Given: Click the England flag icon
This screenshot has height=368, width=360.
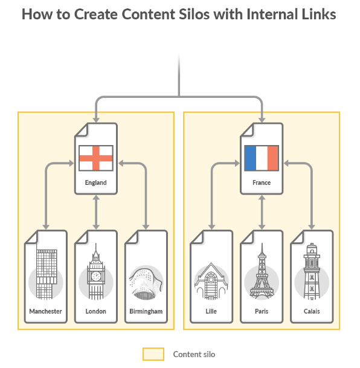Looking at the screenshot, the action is pyautogui.click(x=96, y=158).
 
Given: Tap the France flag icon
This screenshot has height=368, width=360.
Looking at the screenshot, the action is pyautogui.click(x=262, y=158).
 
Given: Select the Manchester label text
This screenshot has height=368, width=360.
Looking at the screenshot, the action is pyautogui.click(x=45, y=311).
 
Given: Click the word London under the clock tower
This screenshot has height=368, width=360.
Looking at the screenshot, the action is pyautogui.click(x=95, y=311).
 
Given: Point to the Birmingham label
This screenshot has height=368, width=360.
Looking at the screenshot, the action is pyautogui.click(x=146, y=311).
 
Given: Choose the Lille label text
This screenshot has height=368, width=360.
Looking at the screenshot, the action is pyautogui.click(x=211, y=311).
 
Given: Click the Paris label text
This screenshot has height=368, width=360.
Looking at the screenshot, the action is pyautogui.click(x=262, y=311).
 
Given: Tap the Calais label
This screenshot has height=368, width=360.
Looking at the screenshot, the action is pyautogui.click(x=312, y=311).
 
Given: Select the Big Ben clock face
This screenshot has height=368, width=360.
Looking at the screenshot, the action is pyautogui.click(x=96, y=276).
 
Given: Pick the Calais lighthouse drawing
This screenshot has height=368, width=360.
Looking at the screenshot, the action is pyautogui.click(x=312, y=271).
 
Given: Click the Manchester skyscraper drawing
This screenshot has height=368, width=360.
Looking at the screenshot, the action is pyautogui.click(x=47, y=274).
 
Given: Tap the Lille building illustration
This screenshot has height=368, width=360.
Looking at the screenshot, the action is pyautogui.click(x=211, y=281).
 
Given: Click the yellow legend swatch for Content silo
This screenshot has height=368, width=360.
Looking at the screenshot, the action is pyautogui.click(x=153, y=354).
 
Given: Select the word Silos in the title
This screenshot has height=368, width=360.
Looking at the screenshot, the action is pyautogui.click(x=194, y=14).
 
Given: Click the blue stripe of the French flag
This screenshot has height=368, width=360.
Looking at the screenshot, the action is pyautogui.click(x=250, y=158).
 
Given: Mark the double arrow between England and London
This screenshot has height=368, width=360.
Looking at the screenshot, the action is pyautogui.click(x=96, y=212).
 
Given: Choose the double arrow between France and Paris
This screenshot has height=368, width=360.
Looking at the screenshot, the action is pyautogui.click(x=262, y=212).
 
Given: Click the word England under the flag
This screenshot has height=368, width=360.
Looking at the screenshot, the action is pyautogui.click(x=95, y=182).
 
